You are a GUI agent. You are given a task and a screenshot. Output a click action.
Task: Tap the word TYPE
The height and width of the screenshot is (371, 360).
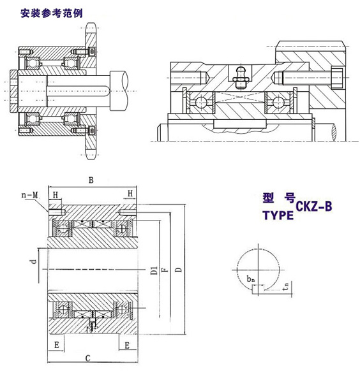click(278, 215)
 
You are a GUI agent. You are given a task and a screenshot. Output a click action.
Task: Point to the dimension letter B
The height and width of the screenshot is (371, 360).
click(91, 180)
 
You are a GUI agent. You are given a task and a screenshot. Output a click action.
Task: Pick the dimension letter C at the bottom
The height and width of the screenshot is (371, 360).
click(89, 358)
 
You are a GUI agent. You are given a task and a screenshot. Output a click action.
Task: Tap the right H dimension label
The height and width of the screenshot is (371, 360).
click(130, 194)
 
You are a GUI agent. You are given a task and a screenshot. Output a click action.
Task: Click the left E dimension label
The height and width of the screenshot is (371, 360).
click(57, 345)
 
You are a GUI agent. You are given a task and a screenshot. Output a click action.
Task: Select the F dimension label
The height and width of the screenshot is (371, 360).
click(165, 270)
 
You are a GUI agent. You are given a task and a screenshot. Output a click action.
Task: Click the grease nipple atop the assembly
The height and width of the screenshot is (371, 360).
click(241, 75)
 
